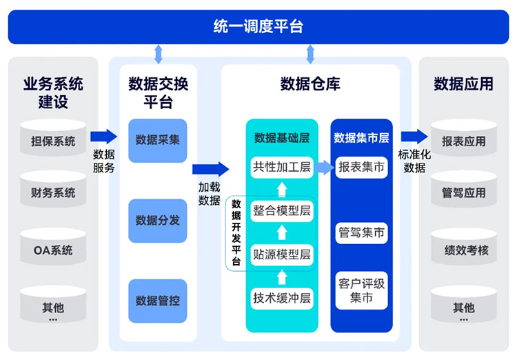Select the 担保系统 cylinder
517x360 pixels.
(53, 140)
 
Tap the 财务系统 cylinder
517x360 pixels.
(53, 192)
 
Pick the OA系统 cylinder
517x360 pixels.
(53, 249)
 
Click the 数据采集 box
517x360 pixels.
(158, 140)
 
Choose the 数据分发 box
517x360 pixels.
(158, 221)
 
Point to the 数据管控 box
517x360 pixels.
(158, 301)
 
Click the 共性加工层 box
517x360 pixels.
(281, 167)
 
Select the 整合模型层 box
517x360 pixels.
(281, 210)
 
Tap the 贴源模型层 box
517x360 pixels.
(281, 254)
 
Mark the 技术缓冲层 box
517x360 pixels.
(281, 298)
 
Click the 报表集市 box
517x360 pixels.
(361, 167)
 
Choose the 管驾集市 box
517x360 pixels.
(361, 232)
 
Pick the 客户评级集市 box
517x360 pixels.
(361, 290)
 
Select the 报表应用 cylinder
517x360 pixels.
(464, 140)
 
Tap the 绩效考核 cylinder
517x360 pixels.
(464, 249)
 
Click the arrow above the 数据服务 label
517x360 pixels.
(104, 136)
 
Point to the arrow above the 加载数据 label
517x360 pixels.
(210, 168)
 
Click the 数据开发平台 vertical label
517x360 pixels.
(236, 232)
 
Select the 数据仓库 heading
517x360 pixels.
(310, 84)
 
